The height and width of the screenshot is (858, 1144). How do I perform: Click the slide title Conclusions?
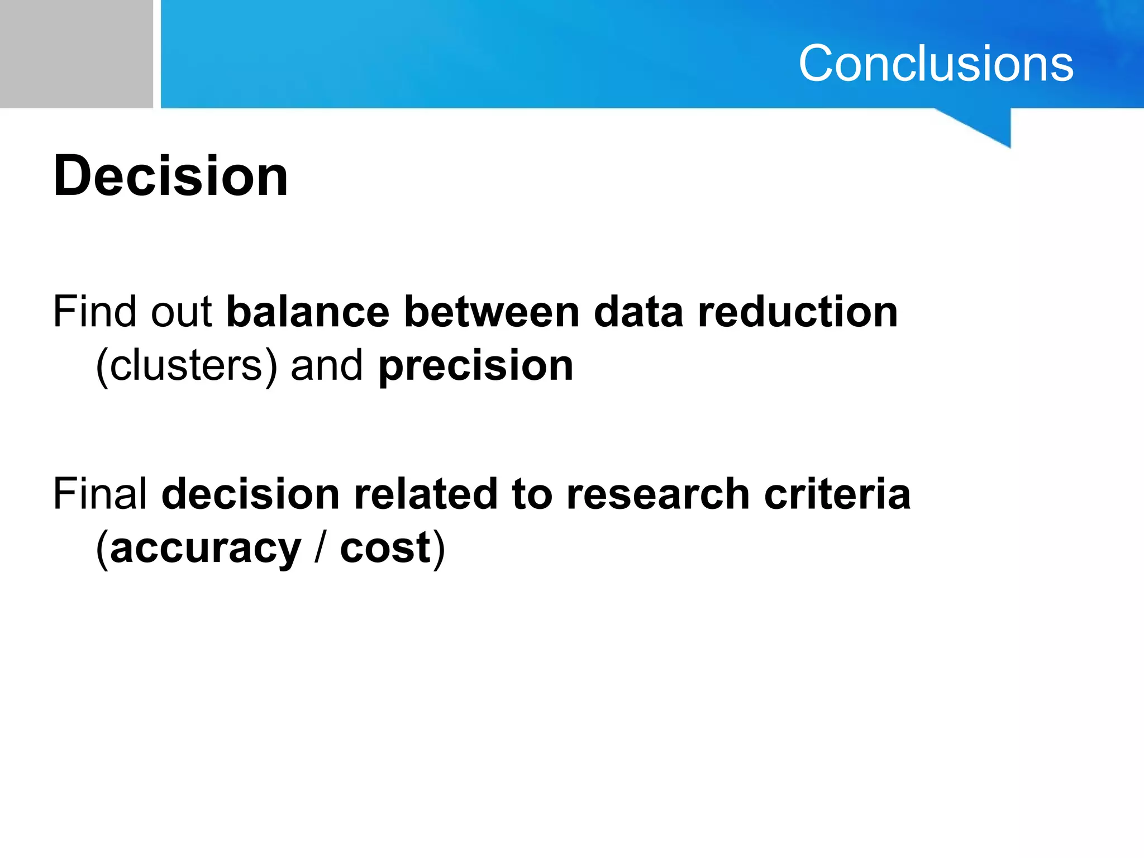point(936,64)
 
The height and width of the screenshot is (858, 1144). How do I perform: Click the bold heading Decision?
point(170,176)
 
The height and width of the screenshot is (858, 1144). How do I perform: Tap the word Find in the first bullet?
point(94,312)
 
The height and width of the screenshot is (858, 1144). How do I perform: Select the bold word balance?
point(308,312)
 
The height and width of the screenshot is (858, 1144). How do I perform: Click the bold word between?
point(492,312)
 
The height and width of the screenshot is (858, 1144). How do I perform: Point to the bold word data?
point(638,312)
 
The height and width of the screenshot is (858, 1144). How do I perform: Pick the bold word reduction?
point(798,312)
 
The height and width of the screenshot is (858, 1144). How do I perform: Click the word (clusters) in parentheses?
point(186,366)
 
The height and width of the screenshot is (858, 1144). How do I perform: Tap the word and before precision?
point(327,366)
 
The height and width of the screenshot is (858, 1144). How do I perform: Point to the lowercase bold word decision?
point(251,495)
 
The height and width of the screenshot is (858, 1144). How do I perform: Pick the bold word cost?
point(385,549)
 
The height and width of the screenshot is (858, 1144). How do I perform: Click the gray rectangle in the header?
point(76,54)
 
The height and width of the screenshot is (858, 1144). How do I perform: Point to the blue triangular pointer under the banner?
point(989,126)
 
